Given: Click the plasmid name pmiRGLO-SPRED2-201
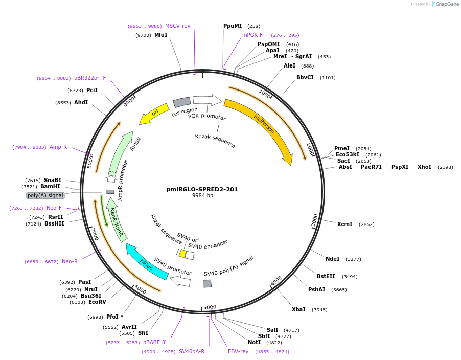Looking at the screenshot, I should [202, 189].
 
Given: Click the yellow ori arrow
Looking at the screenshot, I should [154, 115].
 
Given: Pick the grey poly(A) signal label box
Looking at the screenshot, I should [46, 195].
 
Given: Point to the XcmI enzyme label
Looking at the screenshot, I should [344, 224].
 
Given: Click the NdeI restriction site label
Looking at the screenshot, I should [332, 259].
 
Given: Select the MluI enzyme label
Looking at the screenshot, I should [160, 35].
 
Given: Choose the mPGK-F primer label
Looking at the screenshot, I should [252, 35].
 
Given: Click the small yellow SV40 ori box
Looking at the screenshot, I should [182, 254].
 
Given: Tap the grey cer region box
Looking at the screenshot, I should [181, 103].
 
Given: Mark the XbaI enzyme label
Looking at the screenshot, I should [298, 309].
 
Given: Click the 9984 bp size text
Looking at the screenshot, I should [202, 196].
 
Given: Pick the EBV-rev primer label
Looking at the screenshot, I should [238, 351].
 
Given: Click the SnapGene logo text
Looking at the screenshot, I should [447, 4].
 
